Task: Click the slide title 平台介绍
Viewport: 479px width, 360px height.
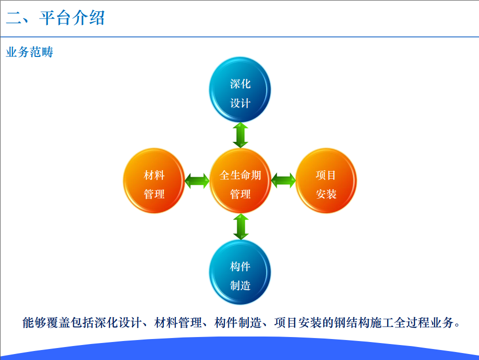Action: pyautogui.click(x=72, y=17)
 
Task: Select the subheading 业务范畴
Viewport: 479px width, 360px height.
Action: pyautogui.click(x=29, y=52)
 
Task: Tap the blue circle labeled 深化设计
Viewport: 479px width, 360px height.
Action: pyautogui.click(x=240, y=90)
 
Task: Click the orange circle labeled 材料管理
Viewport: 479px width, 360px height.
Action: pyautogui.click(x=154, y=181)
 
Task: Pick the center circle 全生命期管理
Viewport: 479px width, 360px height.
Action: pyautogui.click(x=240, y=181)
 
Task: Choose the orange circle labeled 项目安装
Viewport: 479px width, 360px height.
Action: pyautogui.click(x=326, y=181)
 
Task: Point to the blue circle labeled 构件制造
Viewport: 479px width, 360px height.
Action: pyautogui.click(x=240, y=272)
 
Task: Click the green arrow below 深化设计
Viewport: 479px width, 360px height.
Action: pyautogui.click(x=240, y=135)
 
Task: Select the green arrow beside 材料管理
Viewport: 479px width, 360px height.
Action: pyautogui.click(x=197, y=181)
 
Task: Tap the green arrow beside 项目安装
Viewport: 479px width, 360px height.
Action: pyautogui.click(x=283, y=181)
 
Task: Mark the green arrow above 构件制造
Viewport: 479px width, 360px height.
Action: pyautogui.click(x=241, y=227)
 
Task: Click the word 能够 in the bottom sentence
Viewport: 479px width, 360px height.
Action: pyautogui.click(x=34, y=323)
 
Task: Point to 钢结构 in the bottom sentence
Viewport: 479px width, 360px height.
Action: pyautogui.click(x=352, y=323)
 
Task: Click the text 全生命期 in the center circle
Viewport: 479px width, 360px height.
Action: pyautogui.click(x=240, y=175)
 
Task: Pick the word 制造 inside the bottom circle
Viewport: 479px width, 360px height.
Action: pyautogui.click(x=240, y=286)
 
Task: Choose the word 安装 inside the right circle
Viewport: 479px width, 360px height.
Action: pyautogui.click(x=326, y=194)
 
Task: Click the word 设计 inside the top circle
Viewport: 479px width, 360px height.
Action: pyautogui.click(x=240, y=103)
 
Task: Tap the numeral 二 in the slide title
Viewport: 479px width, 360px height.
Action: pyautogui.click(x=13, y=18)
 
